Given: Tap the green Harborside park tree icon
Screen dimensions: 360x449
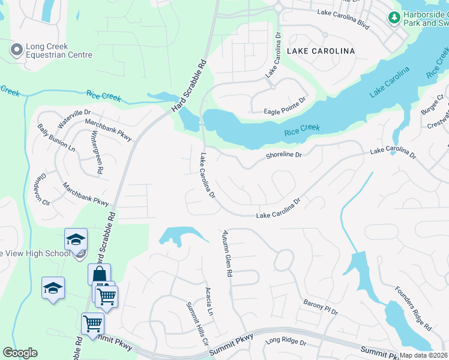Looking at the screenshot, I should tap(394, 18).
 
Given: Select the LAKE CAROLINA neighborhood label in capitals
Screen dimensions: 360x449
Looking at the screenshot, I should tap(321, 51).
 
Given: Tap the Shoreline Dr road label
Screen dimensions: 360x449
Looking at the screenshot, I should tap(283, 156).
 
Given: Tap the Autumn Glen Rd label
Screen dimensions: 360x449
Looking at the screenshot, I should tap(227, 253).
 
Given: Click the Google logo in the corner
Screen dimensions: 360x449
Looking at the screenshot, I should tap(20, 353).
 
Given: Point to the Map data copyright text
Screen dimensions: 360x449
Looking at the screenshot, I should tap(423, 355).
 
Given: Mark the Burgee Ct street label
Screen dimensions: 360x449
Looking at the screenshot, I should tap(431, 103).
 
